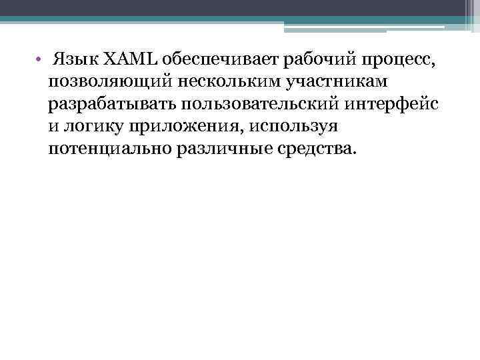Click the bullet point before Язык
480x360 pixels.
click(x=39, y=61)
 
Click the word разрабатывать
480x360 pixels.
click(x=116, y=104)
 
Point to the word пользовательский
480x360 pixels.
click(x=263, y=104)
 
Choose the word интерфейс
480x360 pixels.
click(x=395, y=104)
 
